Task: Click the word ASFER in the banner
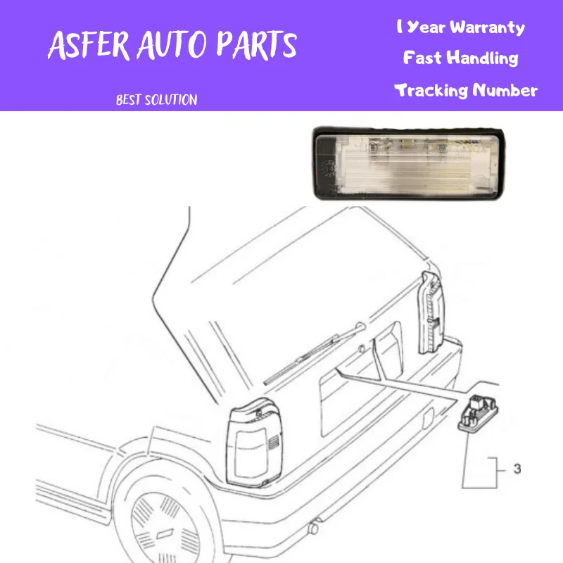[x=91, y=46]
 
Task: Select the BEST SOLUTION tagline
[x=156, y=100]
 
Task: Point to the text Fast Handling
[x=460, y=58]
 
